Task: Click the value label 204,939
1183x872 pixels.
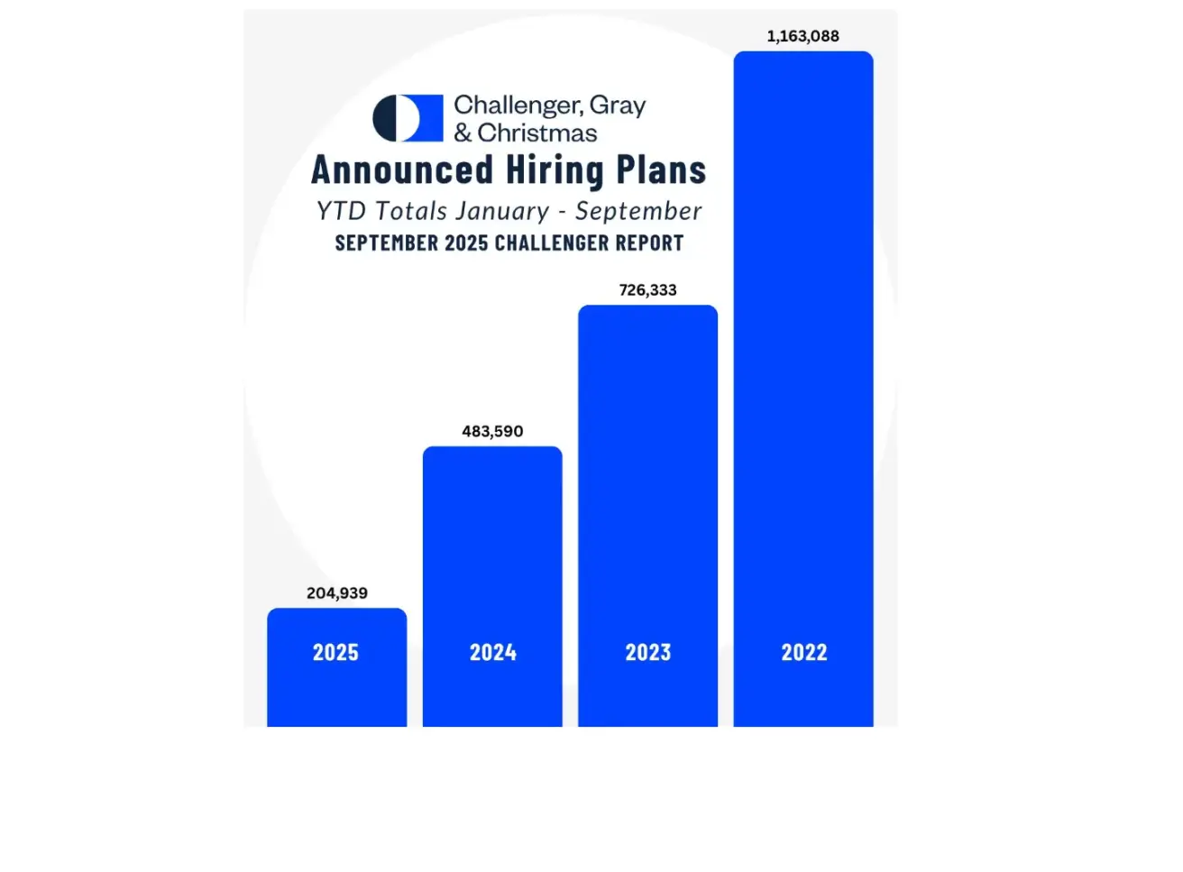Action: click(337, 593)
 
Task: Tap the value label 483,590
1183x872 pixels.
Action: click(492, 432)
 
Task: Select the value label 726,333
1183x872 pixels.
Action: click(647, 290)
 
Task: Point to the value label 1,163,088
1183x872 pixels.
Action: click(802, 37)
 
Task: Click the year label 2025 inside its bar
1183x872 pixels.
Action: click(335, 653)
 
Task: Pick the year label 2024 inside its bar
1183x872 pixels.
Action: click(492, 653)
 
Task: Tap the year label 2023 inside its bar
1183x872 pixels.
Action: click(648, 653)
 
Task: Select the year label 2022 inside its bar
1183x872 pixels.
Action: click(804, 653)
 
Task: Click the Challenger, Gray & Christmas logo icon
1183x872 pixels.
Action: click(408, 118)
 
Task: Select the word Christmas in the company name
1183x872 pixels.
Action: click(537, 133)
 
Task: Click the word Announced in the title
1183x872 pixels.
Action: click(402, 170)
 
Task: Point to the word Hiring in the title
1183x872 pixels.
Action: click(555, 171)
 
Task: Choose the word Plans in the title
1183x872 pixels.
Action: click(661, 170)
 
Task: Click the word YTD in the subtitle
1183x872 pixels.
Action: click(341, 212)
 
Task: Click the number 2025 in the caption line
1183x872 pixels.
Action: click(466, 243)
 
